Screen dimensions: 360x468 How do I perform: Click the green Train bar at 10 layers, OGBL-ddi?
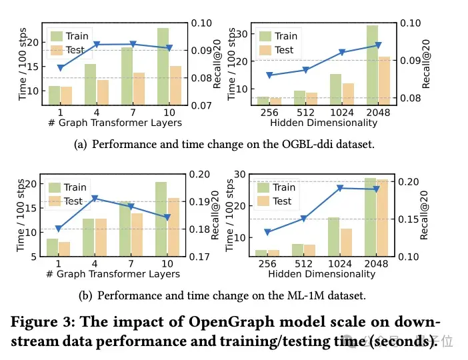pos(163,67)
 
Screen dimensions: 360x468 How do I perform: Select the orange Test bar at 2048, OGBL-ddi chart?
pos(384,81)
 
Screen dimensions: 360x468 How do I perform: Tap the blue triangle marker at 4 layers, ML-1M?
pos(95,198)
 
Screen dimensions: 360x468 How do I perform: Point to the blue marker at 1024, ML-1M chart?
pos(341,188)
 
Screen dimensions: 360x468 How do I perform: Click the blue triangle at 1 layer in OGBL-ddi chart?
pos(61,68)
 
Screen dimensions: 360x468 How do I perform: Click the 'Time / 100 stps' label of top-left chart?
pos(23,64)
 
